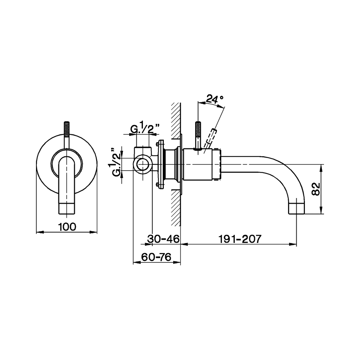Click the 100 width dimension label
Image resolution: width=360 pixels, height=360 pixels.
(67, 227)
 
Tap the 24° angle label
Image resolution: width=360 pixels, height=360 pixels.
(215, 99)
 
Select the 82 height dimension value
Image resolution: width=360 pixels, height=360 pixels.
(316, 189)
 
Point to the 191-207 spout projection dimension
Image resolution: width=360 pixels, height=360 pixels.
(240, 239)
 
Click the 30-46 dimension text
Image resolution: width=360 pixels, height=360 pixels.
(163, 239)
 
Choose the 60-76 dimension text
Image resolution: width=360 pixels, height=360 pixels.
(156, 257)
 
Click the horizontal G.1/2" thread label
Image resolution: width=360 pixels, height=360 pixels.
(145, 129)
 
